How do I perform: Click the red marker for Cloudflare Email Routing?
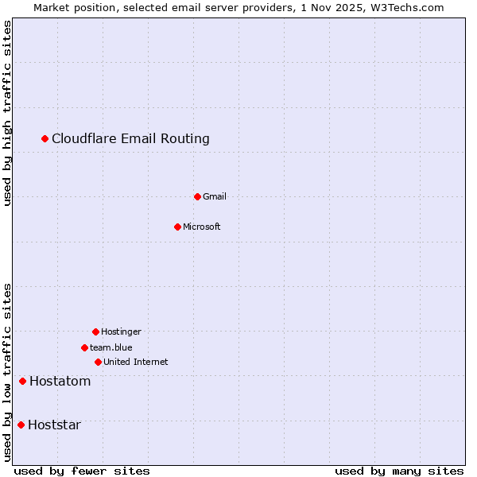click(45, 138)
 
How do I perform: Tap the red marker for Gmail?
click(197, 196)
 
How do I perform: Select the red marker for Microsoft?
click(177, 227)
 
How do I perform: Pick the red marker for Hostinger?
click(95, 332)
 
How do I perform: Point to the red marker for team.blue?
click(84, 347)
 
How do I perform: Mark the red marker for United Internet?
click(98, 362)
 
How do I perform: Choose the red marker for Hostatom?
click(22, 381)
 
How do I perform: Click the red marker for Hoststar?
click(21, 425)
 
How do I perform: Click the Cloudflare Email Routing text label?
click(130, 138)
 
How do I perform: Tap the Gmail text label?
click(215, 196)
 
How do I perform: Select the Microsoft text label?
click(202, 227)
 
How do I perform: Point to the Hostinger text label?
click(121, 332)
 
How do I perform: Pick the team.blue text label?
click(111, 347)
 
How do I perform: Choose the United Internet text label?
click(135, 362)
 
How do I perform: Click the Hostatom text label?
click(60, 381)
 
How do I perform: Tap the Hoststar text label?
click(54, 425)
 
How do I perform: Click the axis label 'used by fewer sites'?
click(82, 471)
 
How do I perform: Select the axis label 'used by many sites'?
click(399, 471)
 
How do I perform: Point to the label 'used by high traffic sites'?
click(7, 113)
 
